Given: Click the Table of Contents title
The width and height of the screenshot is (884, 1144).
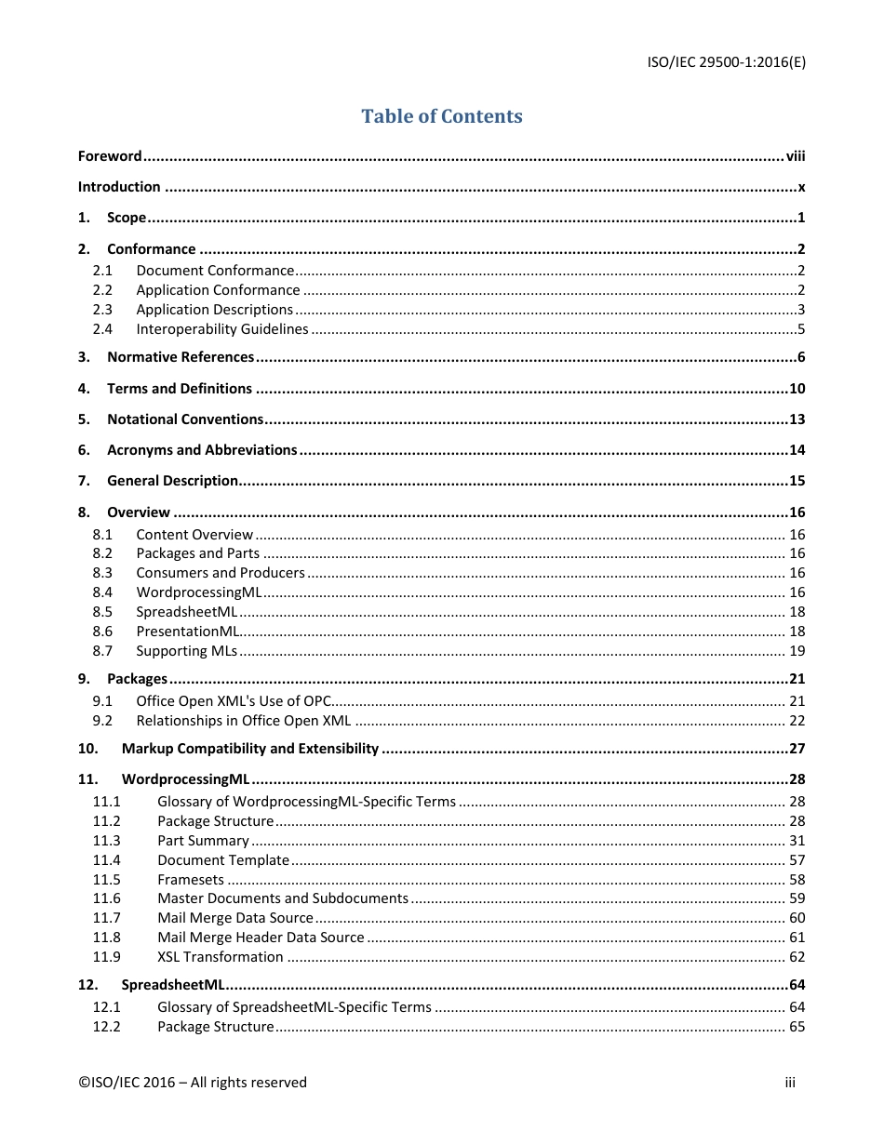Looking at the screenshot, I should coord(442,116).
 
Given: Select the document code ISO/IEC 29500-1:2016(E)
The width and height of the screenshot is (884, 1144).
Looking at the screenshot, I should coord(726,62).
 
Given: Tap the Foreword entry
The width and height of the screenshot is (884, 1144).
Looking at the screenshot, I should coord(110,156).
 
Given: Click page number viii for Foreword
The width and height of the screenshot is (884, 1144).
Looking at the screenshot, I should coord(795,156).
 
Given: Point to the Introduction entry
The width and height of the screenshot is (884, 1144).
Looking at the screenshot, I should coord(119,187).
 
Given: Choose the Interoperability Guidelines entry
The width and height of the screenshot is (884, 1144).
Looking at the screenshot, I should coord(222,329).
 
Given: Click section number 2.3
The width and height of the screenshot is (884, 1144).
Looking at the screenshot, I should coord(102,310).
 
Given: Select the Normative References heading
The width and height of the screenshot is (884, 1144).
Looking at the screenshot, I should coord(181,357).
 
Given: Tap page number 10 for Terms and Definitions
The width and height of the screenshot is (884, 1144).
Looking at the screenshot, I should coord(797,389).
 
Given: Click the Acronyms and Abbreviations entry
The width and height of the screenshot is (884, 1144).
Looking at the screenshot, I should coord(202,450).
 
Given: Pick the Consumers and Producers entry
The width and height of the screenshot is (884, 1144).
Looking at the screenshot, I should coord(221,573).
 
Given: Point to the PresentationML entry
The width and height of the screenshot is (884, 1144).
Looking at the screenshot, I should coord(188,632).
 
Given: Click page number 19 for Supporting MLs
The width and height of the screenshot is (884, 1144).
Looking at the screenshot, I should coord(797,651).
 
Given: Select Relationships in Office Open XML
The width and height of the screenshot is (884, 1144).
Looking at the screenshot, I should coord(244,721).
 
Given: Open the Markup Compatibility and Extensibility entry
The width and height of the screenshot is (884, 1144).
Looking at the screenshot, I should coord(250,749).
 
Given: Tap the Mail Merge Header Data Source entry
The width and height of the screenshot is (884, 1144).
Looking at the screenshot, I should coord(261,938).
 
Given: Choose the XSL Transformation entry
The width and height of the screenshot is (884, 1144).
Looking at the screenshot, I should coord(221,957).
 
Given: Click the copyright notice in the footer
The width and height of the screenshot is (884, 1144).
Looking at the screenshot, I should coord(193,1082).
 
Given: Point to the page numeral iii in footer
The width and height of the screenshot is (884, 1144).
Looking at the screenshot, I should coord(790,1082).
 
